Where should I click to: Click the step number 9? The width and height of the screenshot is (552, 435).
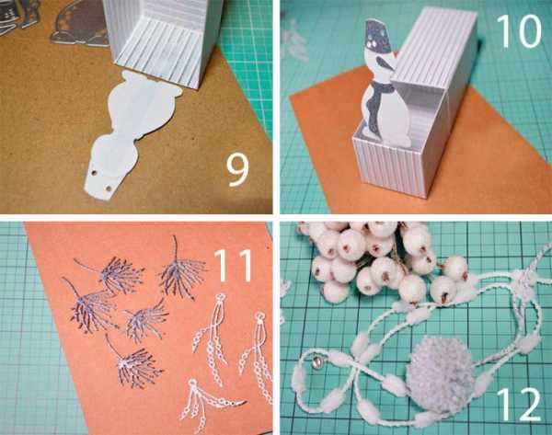[237, 170]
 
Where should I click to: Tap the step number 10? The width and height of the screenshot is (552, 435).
[519, 30]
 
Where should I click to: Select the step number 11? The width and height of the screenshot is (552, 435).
[233, 265]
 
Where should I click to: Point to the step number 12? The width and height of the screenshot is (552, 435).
[519, 404]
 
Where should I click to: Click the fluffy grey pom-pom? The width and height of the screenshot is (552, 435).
[441, 374]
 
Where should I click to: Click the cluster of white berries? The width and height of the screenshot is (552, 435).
[380, 260]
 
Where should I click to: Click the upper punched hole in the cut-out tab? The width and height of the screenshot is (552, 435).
[94, 173]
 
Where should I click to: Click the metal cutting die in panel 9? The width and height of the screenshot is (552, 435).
[79, 25]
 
